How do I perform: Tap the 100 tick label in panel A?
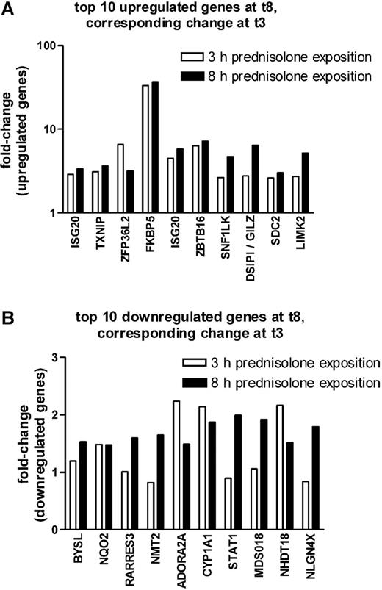[48, 46]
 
